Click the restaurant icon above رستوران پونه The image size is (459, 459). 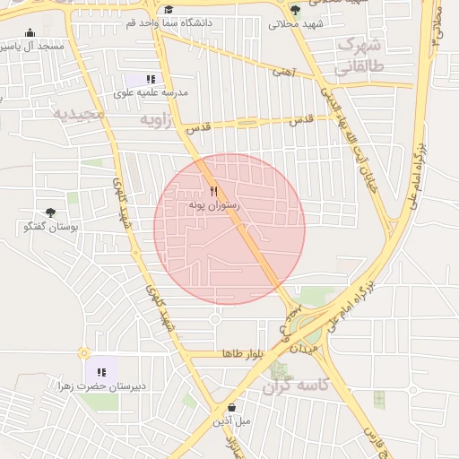point(213,191)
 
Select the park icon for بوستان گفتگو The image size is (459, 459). point(50,212)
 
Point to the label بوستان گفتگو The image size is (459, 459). point(50,227)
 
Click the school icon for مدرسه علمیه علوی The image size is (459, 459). point(151,79)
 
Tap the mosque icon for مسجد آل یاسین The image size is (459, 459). point(30,31)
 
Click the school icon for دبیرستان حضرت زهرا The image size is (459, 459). point(100,372)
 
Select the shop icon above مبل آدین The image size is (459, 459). point(232,406)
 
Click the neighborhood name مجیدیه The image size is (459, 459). point(79,115)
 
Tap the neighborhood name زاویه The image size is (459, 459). point(154,118)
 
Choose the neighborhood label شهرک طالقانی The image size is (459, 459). point(359,56)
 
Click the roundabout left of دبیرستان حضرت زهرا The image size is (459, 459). point(83,354)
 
